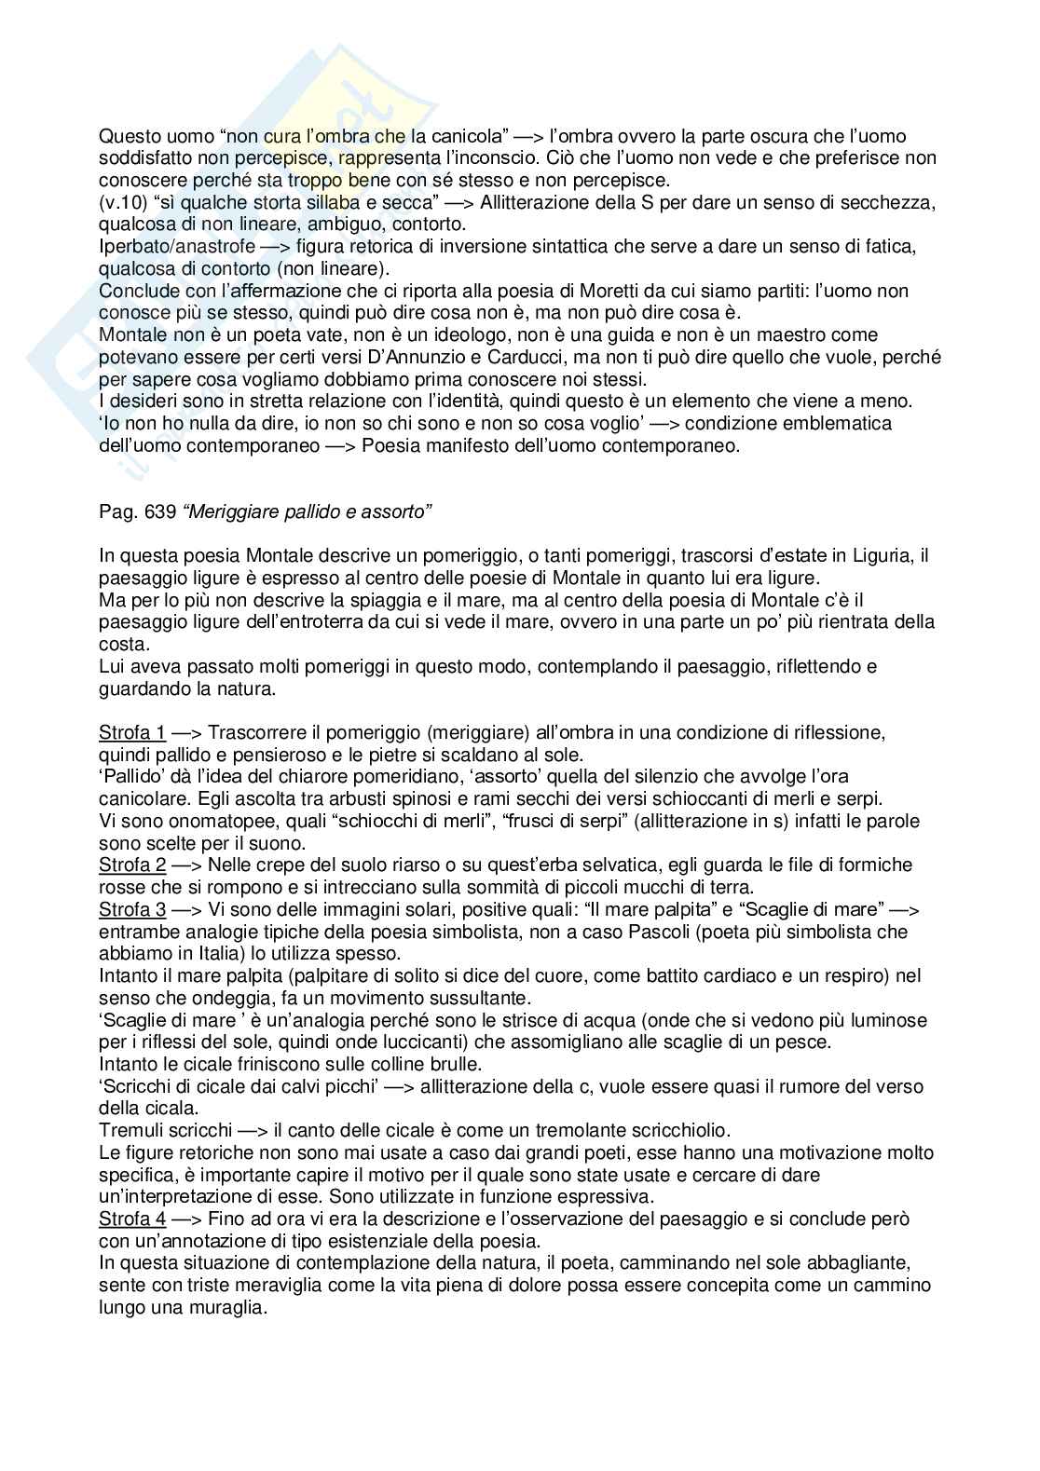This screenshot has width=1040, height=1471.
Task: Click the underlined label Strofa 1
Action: coord(132,732)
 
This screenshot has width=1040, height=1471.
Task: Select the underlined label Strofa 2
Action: coord(132,865)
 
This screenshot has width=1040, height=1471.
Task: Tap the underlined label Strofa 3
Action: coord(132,909)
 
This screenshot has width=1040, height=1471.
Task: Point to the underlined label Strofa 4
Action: coord(132,1219)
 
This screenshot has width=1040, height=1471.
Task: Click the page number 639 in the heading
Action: coord(149,511)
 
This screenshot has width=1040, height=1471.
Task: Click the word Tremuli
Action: coord(130,1130)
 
